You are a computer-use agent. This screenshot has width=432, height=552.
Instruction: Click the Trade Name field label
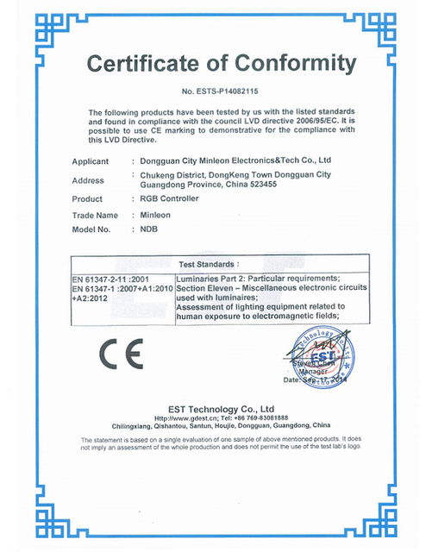(95, 214)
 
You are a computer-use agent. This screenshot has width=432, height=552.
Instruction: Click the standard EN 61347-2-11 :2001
(111, 278)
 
